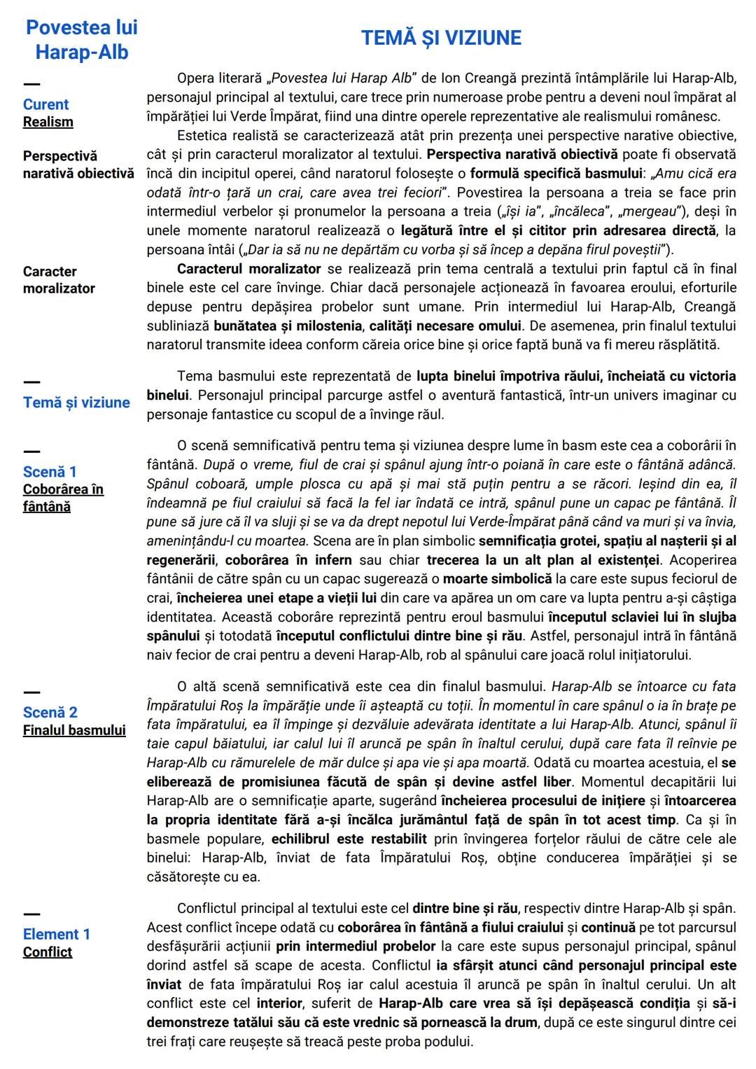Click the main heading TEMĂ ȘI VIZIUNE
pos(441,38)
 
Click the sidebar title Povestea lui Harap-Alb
pos(82,40)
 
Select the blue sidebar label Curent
pos(45,104)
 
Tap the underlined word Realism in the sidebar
pos(48,122)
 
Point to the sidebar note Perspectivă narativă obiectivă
pos(78,165)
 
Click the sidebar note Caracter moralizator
pos(59,279)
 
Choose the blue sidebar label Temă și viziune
pos(76,403)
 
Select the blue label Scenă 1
pos(50,472)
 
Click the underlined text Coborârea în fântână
pos(62,498)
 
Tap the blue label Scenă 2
pos(50,713)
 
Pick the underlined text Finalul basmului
pos(74,730)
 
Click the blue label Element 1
pos(56,935)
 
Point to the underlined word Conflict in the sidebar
pos(48,952)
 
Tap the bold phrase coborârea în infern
pos(288,560)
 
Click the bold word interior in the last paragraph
pos(279,1003)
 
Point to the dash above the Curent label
pos(31,85)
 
